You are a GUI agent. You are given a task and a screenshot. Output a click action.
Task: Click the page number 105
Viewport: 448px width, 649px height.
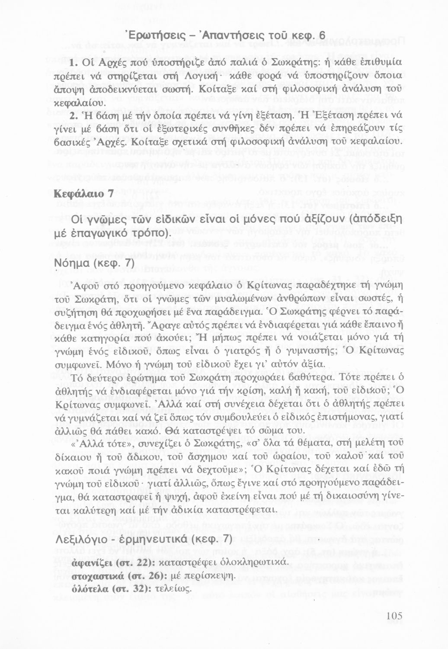394,616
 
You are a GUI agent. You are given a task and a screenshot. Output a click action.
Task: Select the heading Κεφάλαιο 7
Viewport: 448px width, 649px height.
83,193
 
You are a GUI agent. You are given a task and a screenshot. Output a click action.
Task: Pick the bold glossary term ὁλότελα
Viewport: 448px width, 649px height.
89,589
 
